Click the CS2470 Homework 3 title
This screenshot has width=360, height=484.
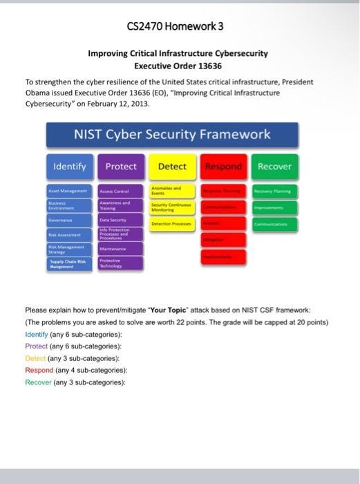tap(175, 27)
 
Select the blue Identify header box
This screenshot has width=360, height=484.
tap(70, 167)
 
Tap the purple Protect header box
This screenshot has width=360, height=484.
tap(121, 167)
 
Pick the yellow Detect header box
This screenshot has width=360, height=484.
tap(172, 167)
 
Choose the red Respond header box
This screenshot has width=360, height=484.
tap(223, 167)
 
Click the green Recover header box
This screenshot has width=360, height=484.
tap(274, 167)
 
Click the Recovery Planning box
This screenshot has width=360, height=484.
tap(274, 192)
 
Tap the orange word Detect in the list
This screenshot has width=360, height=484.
tap(35, 358)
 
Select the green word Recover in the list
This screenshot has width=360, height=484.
tap(37, 382)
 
